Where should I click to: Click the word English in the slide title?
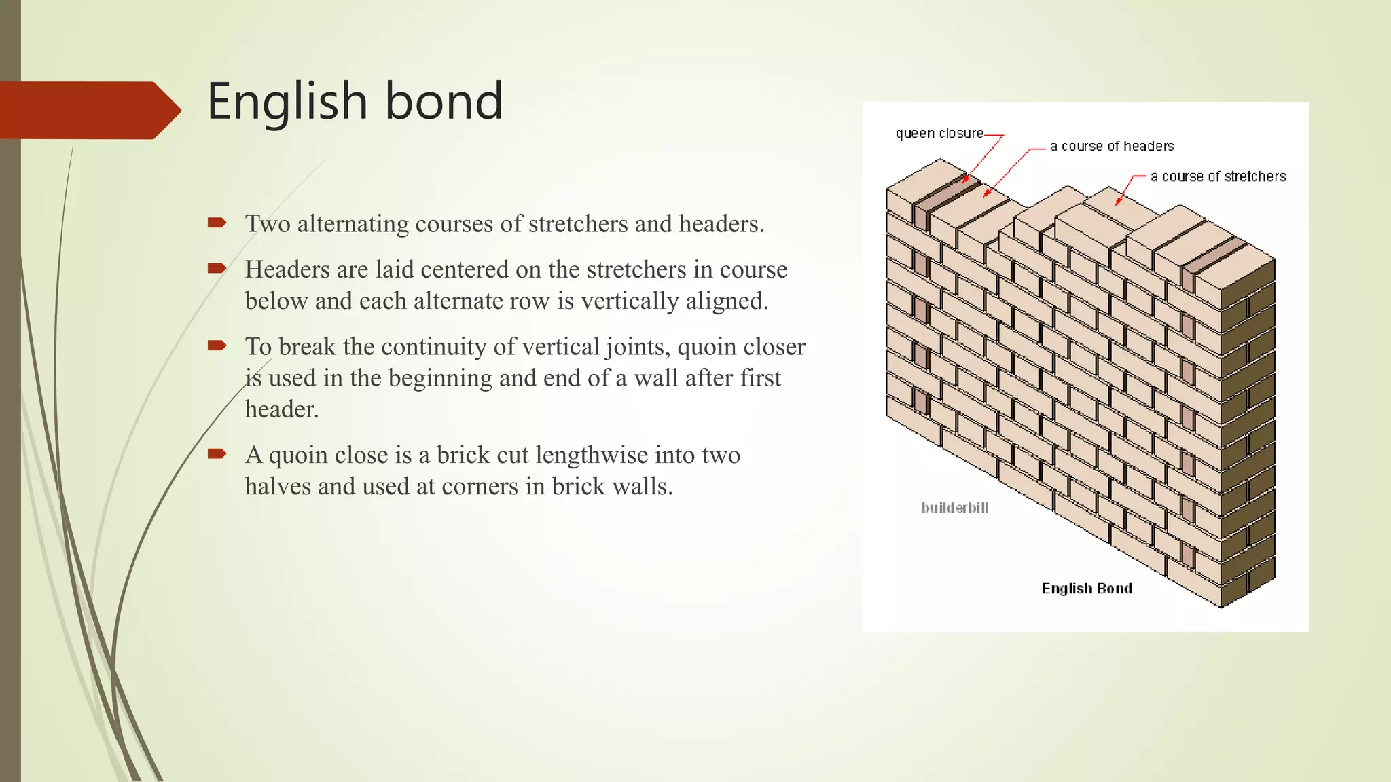287,102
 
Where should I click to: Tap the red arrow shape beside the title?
88,110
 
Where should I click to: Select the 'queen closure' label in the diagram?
939,134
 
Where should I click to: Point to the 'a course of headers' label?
1111,147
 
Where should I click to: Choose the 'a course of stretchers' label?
1218,177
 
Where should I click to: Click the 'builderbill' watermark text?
954,508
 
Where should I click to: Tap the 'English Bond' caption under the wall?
1087,589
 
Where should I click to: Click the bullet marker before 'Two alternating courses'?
217,223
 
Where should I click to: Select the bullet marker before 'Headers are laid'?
217,268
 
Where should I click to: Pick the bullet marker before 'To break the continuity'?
217,346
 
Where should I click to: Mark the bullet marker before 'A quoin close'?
217,453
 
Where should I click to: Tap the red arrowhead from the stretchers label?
1117,202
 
